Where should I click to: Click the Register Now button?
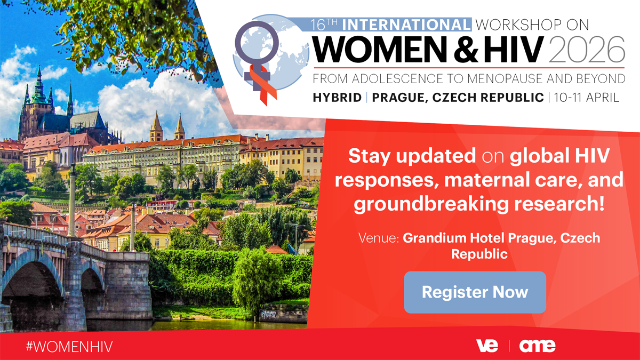pyautogui.click(x=475, y=292)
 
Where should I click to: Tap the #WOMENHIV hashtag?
pyautogui.click(x=69, y=346)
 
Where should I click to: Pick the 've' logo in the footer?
pyautogui.click(x=486, y=346)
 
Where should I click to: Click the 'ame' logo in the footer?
pyautogui.click(x=537, y=346)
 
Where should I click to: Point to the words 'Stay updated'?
pyautogui.click(x=412, y=156)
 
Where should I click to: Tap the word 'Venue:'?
pyautogui.click(x=380, y=238)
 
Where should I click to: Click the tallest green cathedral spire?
pyautogui.click(x=39, y=80)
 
